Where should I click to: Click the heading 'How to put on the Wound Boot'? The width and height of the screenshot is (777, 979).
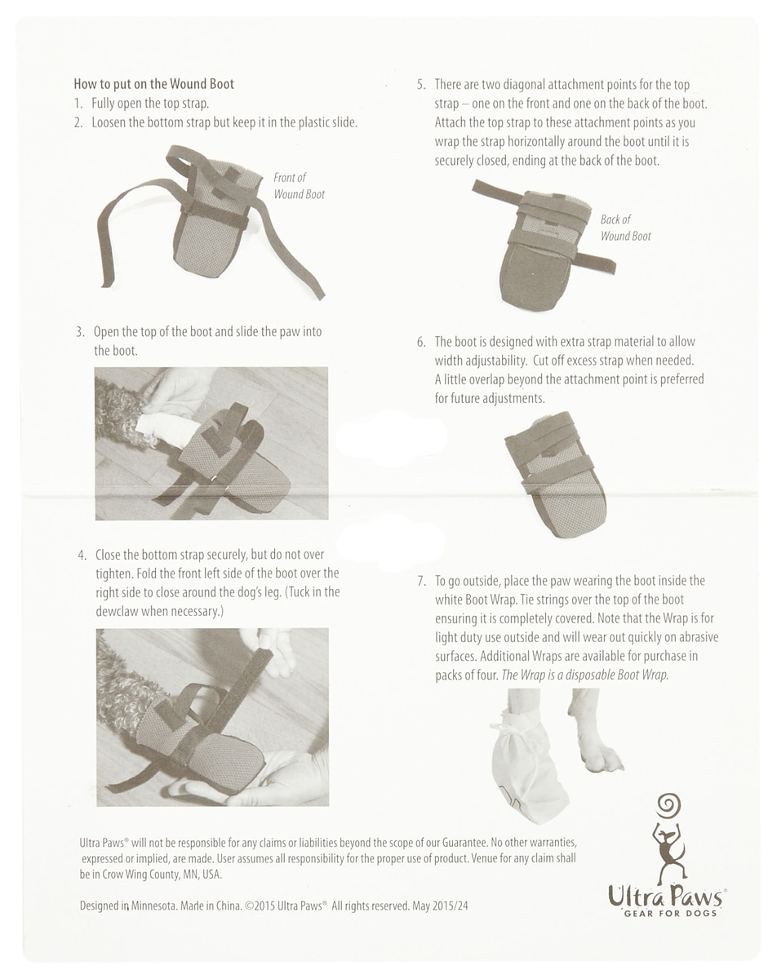pos(154,84)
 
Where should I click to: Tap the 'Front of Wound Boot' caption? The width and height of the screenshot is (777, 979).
pos(299,186)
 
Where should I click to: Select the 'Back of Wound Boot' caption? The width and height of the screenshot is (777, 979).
pos(625,228)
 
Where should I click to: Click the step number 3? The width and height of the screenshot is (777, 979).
pos(80,332)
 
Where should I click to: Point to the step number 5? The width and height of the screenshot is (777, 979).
pos(421,85)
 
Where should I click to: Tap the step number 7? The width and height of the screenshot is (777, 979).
pos(422,582)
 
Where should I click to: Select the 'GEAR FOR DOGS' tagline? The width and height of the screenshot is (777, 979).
pos(670,913)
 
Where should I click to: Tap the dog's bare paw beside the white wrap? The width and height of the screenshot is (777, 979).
pos(600,756)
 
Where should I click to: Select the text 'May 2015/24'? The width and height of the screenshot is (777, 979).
pos(440,906)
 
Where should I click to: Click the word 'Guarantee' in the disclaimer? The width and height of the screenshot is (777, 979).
pos(464,843)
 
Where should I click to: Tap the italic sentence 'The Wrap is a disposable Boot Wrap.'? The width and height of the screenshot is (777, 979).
pos(585,675)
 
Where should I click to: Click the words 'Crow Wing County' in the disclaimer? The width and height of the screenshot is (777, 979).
pos(141,875)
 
